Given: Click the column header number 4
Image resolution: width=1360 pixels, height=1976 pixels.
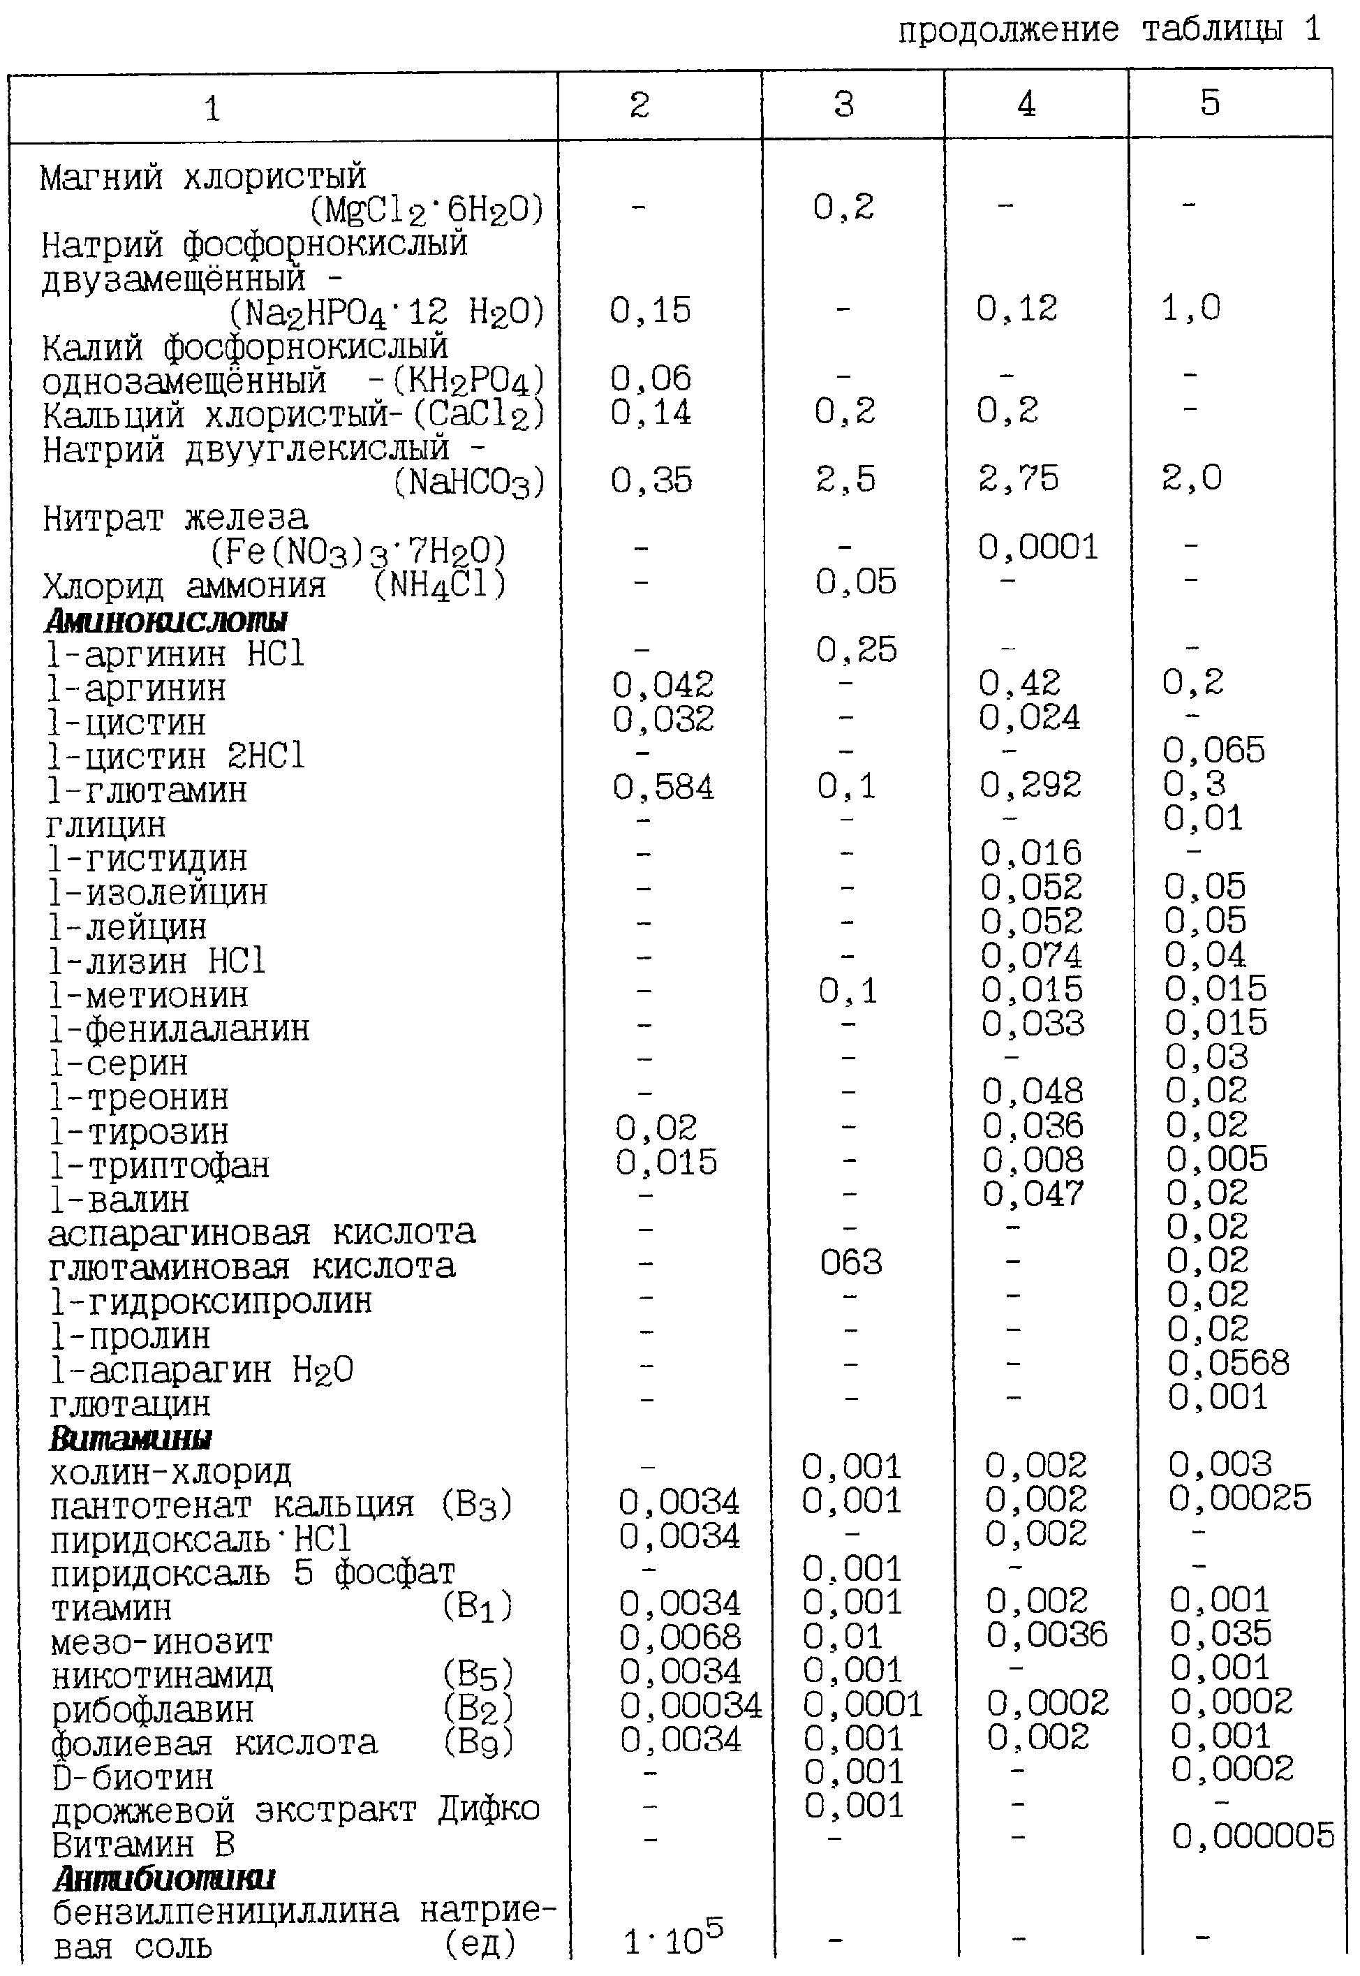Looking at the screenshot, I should click(1026, 104).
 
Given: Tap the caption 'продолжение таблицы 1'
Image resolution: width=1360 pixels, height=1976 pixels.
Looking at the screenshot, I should click(1109, 31).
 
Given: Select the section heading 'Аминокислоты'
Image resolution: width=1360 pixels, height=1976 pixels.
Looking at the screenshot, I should click(165, 620).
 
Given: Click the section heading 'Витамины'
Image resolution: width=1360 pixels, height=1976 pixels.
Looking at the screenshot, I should click(131, 1438).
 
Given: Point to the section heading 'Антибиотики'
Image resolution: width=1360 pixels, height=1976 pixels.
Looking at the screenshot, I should click(165, 1878).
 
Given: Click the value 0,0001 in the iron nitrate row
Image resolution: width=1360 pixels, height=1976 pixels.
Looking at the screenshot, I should click(1038, 547).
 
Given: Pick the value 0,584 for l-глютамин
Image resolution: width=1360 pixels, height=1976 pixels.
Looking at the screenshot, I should click(663, 786).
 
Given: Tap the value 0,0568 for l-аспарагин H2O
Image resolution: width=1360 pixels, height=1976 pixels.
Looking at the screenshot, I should click(1228, 1362).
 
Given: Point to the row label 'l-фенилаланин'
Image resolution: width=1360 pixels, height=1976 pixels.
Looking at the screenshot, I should click(179, 1029).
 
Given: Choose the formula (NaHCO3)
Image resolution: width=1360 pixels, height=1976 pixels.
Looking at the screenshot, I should click(468, 483).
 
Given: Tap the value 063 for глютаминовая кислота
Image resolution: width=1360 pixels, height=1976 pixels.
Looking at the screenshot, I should click(850, 1262).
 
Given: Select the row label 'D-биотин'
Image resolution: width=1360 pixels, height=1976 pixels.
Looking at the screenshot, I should click(132, 1778).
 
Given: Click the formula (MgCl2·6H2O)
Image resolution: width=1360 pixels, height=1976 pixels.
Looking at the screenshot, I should click(426, 209).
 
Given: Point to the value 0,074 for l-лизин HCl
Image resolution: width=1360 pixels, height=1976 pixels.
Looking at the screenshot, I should click(1031, 955).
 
